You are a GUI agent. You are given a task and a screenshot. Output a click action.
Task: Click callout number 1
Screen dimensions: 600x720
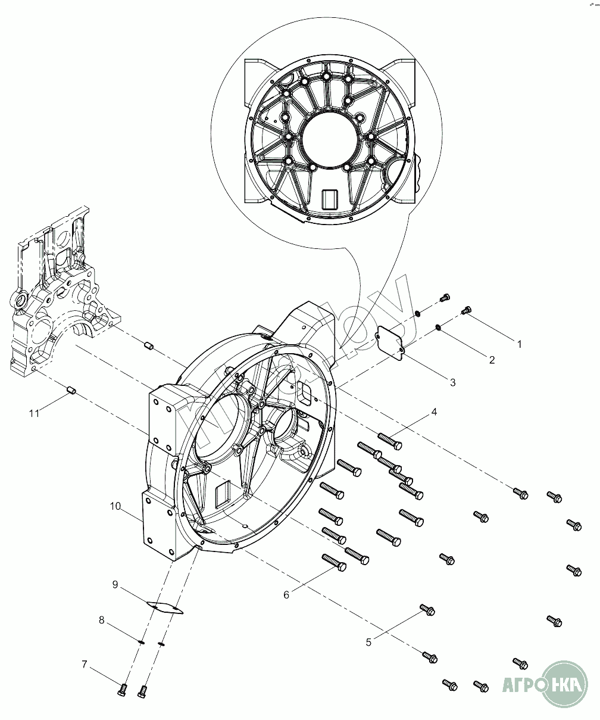[519, 344]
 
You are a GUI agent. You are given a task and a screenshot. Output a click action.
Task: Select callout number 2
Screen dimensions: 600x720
[492, 360]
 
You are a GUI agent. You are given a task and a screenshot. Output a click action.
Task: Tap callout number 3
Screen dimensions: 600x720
[453, 382]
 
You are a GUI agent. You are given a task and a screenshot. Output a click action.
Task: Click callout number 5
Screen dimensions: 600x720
[369, 642]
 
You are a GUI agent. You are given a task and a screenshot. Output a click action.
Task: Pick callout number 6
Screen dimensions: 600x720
[286, 594]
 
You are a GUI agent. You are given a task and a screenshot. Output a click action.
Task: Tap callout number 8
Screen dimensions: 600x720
[102, 620]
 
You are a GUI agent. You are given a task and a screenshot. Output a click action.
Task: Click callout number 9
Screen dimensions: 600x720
[115, 584]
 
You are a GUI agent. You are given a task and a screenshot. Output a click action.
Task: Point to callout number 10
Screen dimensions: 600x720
[115, 506]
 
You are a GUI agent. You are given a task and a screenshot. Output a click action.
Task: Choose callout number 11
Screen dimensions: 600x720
[35, 412]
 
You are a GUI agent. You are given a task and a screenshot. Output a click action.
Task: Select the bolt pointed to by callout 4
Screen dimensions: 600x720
[390, 441]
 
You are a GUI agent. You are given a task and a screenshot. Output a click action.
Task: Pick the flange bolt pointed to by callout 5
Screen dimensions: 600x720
[428, 609]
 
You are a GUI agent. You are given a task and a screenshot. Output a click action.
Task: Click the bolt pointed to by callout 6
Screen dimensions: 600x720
[335, 562]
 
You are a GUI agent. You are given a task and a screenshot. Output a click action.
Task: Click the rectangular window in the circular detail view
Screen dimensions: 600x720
[329, 199]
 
